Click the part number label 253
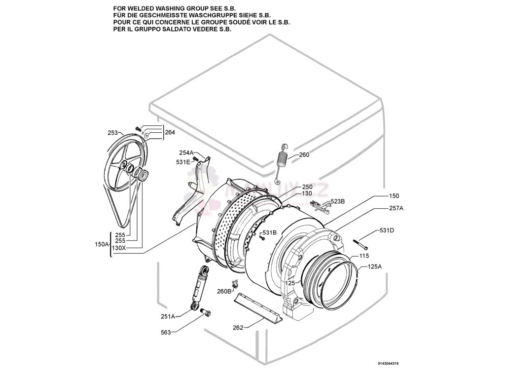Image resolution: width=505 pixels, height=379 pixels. pos(112,133)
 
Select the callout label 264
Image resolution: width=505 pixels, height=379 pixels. pos(170,132)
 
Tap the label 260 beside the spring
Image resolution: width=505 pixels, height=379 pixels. pos(304,155)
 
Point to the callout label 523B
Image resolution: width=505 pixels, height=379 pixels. pos(337,201)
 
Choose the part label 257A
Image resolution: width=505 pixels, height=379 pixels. pos(396,208)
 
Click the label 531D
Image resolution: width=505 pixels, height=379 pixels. pos(387,230)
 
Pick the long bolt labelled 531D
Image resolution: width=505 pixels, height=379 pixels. pos(360,243)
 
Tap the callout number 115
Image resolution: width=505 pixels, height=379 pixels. pos(364,256)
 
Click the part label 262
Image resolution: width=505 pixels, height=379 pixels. pos(238,328)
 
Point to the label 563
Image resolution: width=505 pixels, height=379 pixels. pos(166,333)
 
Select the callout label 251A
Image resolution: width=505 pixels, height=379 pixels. pos(168,317)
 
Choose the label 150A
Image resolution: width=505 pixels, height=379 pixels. pos(101,244)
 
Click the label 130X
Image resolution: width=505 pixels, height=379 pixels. pos(119,248)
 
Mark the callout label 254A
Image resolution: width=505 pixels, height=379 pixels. pos(186,153)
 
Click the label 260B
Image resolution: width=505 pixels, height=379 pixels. pos(224,291)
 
